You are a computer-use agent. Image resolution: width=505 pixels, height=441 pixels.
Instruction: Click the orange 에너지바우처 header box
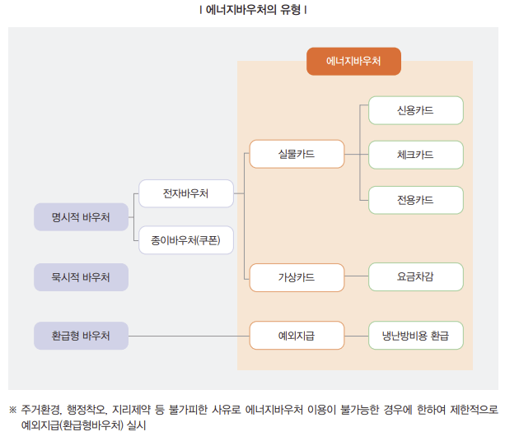[353, 62]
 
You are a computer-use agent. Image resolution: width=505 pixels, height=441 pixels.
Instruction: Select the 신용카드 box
[415, 110]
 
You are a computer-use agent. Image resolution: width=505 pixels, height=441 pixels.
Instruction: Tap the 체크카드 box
[415, 155]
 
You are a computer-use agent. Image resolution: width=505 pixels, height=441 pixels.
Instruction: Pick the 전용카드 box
[415, 200]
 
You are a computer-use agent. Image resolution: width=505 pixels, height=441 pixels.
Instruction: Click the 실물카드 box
[297, 155]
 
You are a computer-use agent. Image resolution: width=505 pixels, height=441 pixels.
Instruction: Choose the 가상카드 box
[297, 277]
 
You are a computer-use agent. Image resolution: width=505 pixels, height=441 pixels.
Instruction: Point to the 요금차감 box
[415, 277]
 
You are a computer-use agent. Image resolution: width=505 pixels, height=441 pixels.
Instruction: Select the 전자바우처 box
[185, 194]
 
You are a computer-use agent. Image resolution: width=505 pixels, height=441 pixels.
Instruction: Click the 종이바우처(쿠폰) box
[185, 239]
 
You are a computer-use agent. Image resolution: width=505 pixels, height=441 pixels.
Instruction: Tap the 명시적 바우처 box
[81, 217]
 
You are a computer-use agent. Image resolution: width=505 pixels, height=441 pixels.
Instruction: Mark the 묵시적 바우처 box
[81, 277]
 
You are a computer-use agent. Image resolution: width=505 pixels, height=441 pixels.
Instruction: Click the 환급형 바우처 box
[81, 336]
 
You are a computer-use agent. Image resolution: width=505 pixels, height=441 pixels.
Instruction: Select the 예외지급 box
[297, 336]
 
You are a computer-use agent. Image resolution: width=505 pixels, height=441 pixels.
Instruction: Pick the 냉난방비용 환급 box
[415, 336]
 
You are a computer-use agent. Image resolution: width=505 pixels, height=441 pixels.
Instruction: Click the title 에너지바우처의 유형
[253, 11]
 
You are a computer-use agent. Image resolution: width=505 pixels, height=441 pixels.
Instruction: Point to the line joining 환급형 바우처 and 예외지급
[189, 336]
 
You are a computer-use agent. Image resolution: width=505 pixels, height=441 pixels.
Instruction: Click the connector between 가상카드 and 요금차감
[356, 277]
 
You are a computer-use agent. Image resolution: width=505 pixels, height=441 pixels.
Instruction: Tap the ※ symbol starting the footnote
[12, 409]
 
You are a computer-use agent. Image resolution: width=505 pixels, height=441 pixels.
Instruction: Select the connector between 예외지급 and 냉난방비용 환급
[356, 336]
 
